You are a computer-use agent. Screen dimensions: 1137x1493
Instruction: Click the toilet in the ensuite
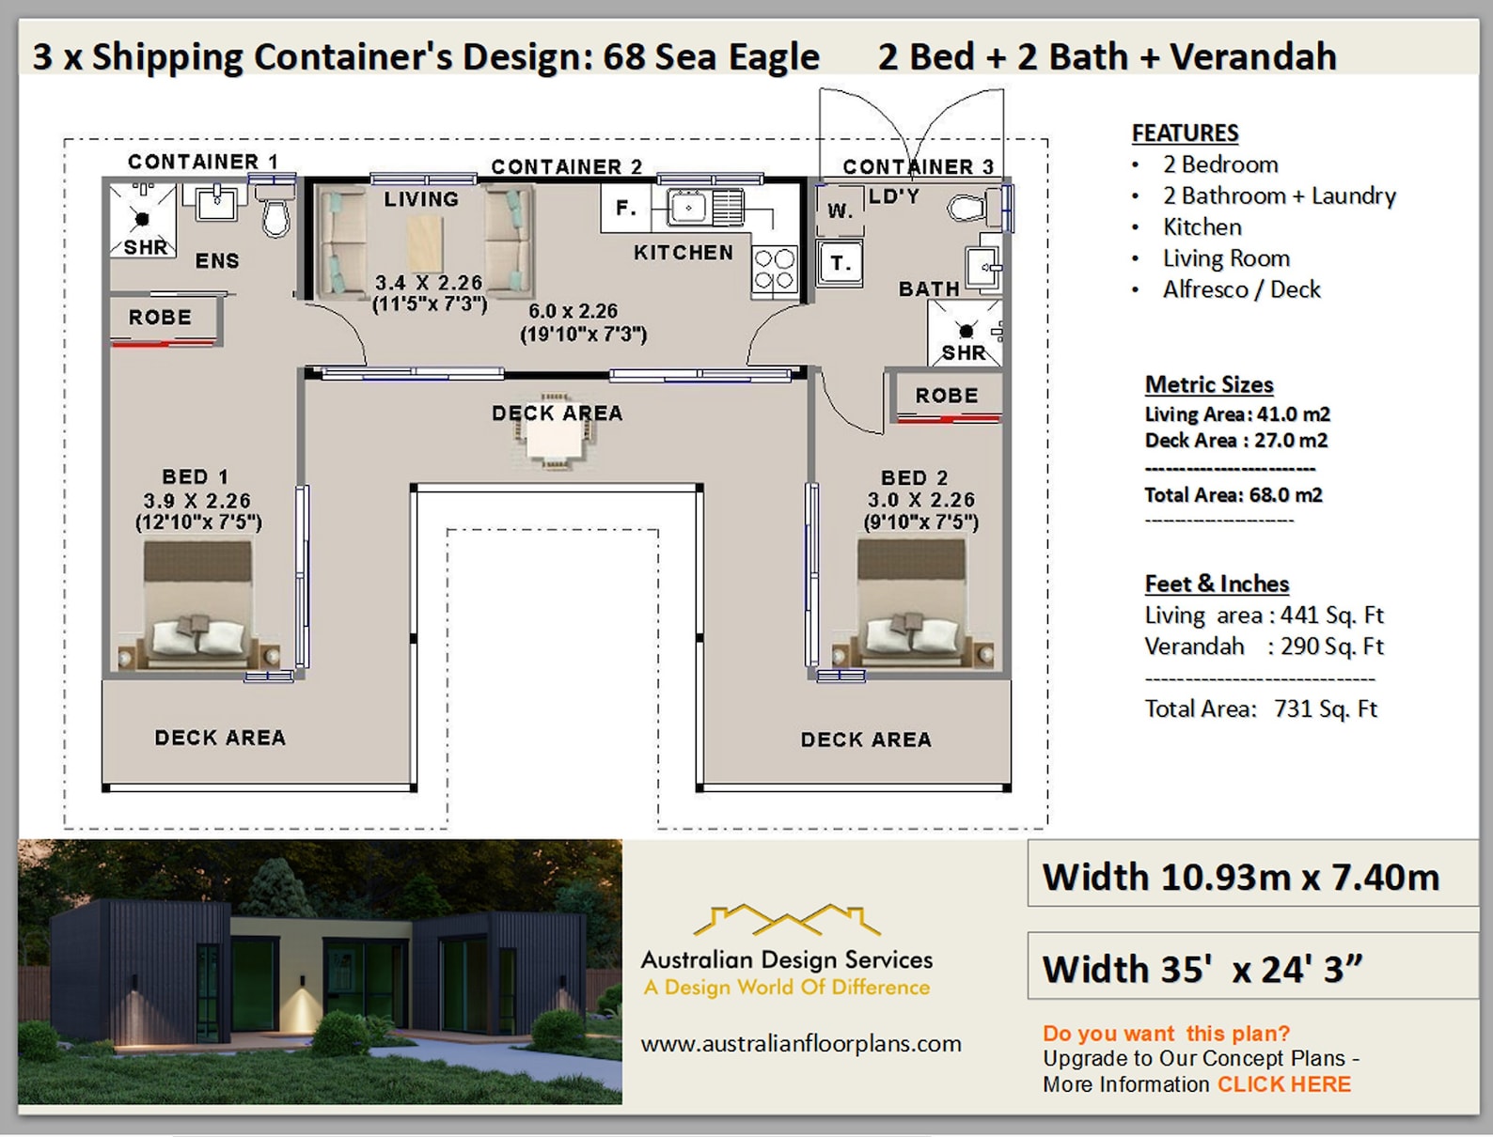pyautogui.click(x=275, y=212)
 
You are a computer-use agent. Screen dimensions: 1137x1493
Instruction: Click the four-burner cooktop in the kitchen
pyautogui.click(x=775, y=269)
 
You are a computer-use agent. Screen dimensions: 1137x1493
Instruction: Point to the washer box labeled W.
pyautogui.click(x=839, y=210)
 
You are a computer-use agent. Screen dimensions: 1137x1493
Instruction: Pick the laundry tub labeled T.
pyautogui.click(x=840, y=263)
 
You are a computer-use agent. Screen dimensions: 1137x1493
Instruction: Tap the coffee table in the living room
pyautogui.click(x=425, y=242)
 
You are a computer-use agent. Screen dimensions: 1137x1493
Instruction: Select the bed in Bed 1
pyautogui.click(x=197, y=606)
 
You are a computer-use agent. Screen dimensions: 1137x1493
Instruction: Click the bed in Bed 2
pyautogui.click(x=911, y=606)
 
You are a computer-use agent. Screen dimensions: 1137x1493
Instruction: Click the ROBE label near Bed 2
pyautogui.click(x=947, y=396)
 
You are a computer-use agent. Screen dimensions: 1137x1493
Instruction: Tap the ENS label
pyautogui.click(x=217, y=261)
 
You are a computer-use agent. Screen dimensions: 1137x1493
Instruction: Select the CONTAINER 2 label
pyautogui.click(x=566, y=167)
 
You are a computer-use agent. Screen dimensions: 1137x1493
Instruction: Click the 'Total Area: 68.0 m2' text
pyautogui.click(x=1233, y=495)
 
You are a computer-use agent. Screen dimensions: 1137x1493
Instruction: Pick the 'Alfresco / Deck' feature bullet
pyautogui.click(x=1241, y=289)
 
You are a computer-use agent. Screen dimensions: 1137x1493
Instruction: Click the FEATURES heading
pyautogui.click(x=1185, y=133)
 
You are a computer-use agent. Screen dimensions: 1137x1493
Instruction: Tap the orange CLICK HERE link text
pyautogui.click(x=1283, y=1084)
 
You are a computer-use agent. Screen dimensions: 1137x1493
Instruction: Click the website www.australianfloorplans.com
pyautogui.click(x=800, y=1044)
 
